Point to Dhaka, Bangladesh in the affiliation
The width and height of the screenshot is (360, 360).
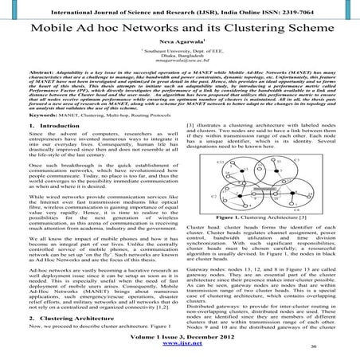pos(180,64)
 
